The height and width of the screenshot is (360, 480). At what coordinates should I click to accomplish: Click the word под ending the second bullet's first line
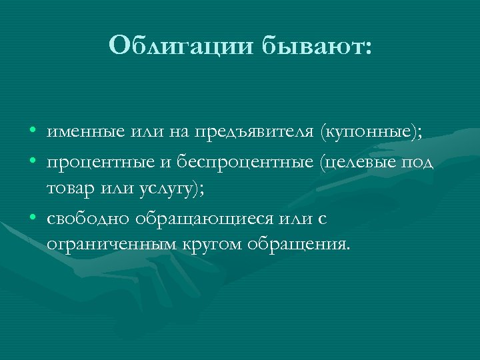(x=420, y=162)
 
